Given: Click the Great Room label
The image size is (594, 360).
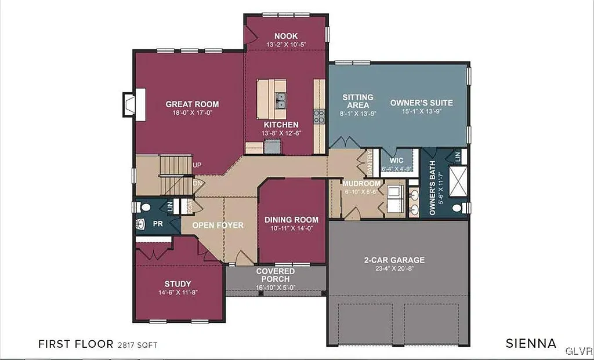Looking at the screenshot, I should (192, 104).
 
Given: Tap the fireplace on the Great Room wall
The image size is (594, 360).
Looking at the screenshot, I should (129, 104).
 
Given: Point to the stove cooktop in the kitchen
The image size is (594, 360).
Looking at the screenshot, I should (319, 116).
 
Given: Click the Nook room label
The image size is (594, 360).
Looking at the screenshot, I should (286, 36).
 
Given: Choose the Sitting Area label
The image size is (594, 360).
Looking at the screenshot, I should (357, 101).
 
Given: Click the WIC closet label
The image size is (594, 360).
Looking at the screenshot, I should (397, 160).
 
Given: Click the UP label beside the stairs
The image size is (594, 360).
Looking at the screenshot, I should (197, 165).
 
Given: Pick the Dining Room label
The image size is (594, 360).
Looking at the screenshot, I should (291, 220).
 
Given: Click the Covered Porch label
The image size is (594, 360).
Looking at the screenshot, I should (275, 275).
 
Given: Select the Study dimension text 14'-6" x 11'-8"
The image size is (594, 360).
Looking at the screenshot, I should (178, 293).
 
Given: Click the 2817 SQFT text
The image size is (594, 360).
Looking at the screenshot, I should (138, 344).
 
